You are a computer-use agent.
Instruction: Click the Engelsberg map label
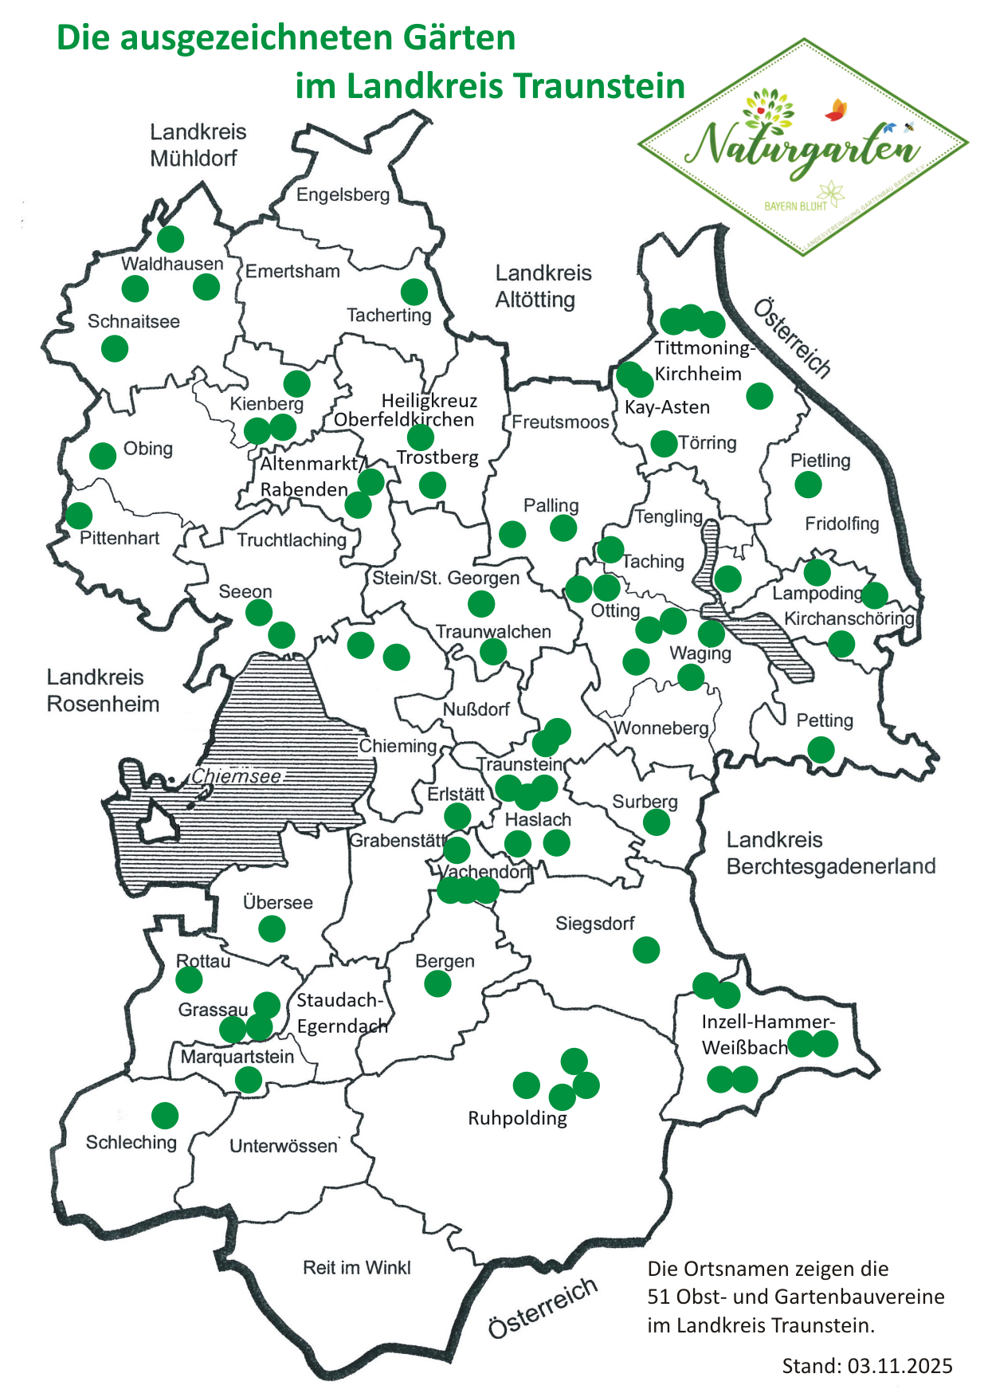pyautogui.click(x=343, y=194)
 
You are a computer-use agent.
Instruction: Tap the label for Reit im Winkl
pyautogui.click(x=357, y=1267)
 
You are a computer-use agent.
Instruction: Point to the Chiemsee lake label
pyautogui.click(x=236, y=776)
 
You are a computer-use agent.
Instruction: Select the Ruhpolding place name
pyautogui.click(x=517, y=1118)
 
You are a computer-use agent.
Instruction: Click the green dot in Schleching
pyautogui.click(x=165, y=1115)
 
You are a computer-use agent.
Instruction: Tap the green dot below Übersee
pyautogui.click(x=272, y=928)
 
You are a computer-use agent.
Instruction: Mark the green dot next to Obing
pyautogui.click(x=103, y=456)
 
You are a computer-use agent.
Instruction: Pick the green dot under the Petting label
pyautogui.click(x=821, y=750)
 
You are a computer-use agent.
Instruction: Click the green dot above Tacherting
pyautogui.click(x=414, y=292)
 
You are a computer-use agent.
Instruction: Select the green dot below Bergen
pyautogui.click(x=437, y=984)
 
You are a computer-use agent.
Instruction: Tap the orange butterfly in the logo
pyautogui.click(x=836, y=110)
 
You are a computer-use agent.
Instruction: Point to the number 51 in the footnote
pyautogui.click(x=659, y=1297)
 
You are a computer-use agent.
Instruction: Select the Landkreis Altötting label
pyautogui.click(x=543, y=286)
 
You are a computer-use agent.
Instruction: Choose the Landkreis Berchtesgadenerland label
pyautogui.click(x=830, y=853)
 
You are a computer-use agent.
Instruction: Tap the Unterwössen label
pyautogui.click(x=284, y=1146)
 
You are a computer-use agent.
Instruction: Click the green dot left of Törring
pyautogui.click(x=664, y=443)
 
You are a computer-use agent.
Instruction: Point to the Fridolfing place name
pyautogui.click(x=841, y=524)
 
